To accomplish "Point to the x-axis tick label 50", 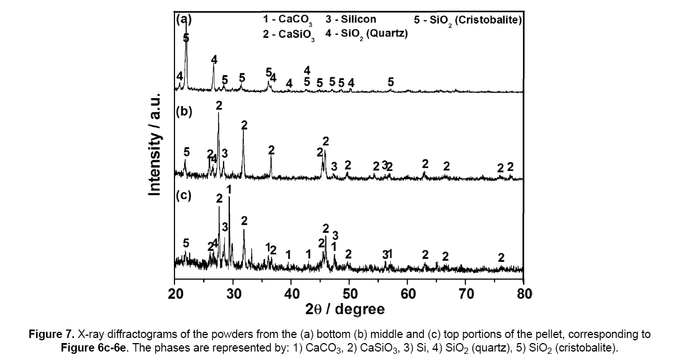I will [x=350, y=293].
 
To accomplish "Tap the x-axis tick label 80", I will [x=524, y=293].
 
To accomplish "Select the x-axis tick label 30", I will [x=233, y=293].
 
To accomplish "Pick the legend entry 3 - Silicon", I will [x=351, y=19].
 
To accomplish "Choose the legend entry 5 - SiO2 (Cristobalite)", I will [x=468, y=20].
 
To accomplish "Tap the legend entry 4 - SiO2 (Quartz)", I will [x=366, y=34].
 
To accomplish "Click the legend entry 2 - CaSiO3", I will [x=289, y=34].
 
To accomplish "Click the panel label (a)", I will [x=184, y=19].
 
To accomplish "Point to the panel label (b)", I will [x=184, y=111].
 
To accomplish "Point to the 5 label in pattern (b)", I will [x=187, y=152].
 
